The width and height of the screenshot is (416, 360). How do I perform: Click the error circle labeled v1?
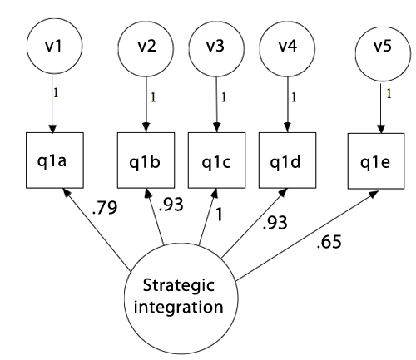[x=54, y=46]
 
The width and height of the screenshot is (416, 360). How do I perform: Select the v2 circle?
[x=146, y=49]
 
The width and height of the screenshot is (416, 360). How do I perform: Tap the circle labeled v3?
[x=216, y=49]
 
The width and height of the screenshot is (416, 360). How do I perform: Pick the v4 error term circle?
[x=287, y=49]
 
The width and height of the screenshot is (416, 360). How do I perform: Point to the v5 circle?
[x=383, y=53]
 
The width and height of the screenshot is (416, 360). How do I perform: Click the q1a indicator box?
[x=55, y=160]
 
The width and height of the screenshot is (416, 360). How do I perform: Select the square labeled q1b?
[x=146, y=160]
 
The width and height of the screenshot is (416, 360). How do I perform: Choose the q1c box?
[x=217, y=160]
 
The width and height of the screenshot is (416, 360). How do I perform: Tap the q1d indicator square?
[x=288, y=160]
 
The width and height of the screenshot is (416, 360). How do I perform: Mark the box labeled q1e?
[x=376, y=161]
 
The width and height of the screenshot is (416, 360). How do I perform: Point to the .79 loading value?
[x=105, y=208]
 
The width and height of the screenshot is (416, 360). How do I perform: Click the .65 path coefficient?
[x=329, y=242]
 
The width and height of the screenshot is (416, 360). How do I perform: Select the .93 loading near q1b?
[x=171, y=205]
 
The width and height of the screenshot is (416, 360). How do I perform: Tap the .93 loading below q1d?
[x=275, y=223]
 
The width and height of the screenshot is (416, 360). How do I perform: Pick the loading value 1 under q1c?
[x=219, y=215]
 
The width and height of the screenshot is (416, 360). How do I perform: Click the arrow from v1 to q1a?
[x=52, y=104]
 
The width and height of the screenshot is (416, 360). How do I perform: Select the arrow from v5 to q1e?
[x=381, y=107]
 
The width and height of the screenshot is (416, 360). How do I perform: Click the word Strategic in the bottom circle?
[x=179, y=286]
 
